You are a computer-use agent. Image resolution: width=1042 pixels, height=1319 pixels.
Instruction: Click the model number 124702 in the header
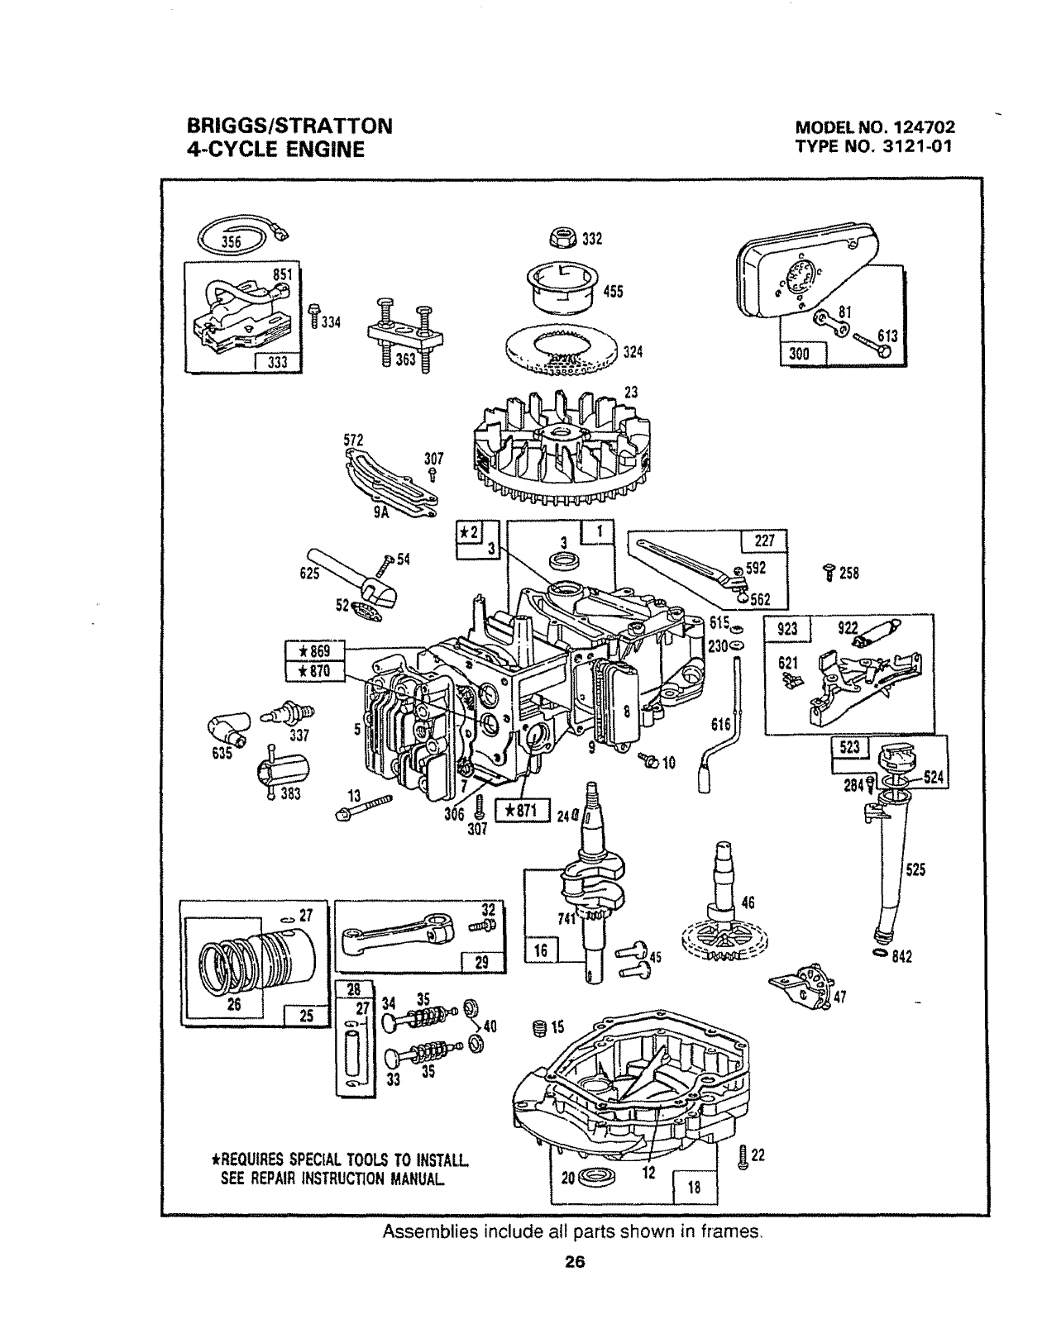(923, 128)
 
